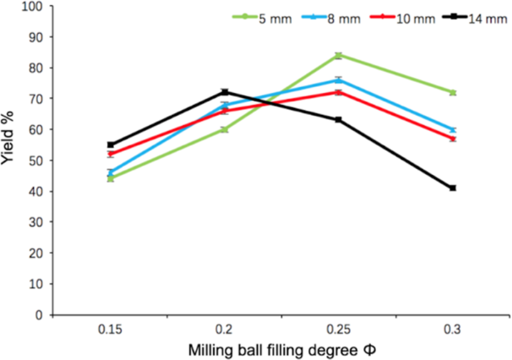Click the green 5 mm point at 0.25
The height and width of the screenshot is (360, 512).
[339, 56]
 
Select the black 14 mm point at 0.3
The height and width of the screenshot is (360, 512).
[453, 188]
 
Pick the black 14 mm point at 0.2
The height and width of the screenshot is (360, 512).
[225, 92]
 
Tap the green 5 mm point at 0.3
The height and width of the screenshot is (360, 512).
[453, 92]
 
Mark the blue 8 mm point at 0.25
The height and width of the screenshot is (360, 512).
[339, 80]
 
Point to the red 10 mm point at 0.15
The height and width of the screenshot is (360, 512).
[111, 154]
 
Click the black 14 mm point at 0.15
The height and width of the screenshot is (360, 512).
[111, 145]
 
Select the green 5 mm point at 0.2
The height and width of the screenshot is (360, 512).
[225, 129]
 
